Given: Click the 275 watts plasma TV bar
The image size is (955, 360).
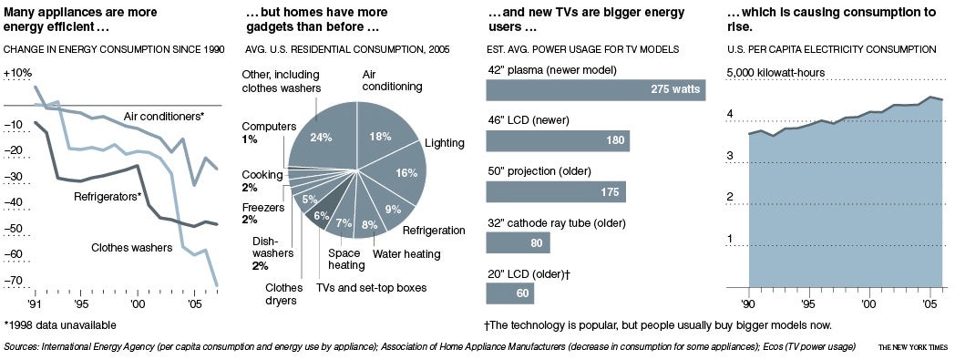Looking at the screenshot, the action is [596, 90].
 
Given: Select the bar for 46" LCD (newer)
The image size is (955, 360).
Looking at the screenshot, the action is [558, 140].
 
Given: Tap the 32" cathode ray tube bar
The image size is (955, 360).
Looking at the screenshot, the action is [518, 242].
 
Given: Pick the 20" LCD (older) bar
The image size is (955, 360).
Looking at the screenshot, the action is [509, 293].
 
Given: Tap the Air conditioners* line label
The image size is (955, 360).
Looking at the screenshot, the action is [164, 117].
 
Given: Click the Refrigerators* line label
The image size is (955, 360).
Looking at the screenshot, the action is [108, 197].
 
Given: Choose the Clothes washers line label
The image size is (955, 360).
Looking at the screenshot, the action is [131, 248].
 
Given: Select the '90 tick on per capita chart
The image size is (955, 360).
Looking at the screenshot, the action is [748, 303].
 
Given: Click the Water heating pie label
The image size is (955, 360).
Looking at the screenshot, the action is [406, 252].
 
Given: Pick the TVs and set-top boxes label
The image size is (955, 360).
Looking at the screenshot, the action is [372, 287].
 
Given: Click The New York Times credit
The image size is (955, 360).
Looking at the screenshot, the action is [913, 347].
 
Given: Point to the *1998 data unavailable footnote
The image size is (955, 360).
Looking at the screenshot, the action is [60, 324].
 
